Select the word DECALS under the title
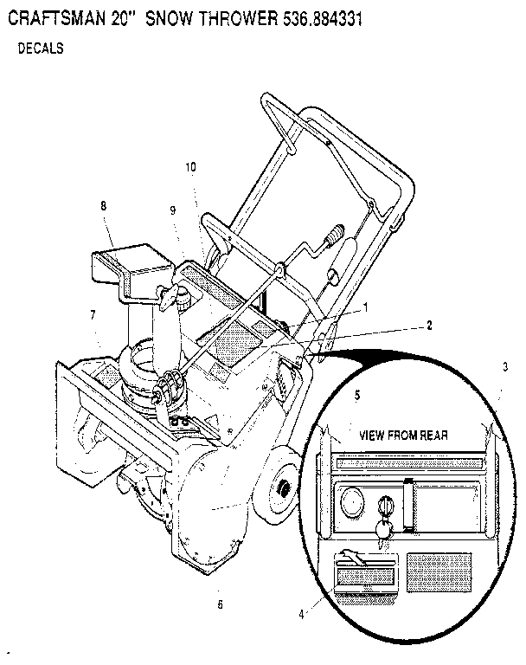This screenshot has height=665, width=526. tap(41, 49)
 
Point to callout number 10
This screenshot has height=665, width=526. tap(190, 166)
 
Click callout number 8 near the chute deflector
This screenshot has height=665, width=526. tap(103, 206)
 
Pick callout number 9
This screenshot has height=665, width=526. tap(172, 210)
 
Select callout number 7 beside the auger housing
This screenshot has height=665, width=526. tap(92, 315)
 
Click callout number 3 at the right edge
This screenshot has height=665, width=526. tap(504, 367)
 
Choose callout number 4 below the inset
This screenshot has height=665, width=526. tap(301, 614)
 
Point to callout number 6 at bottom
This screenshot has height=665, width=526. tap(220, 604)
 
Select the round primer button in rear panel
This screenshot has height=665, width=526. tap(351, 501)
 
